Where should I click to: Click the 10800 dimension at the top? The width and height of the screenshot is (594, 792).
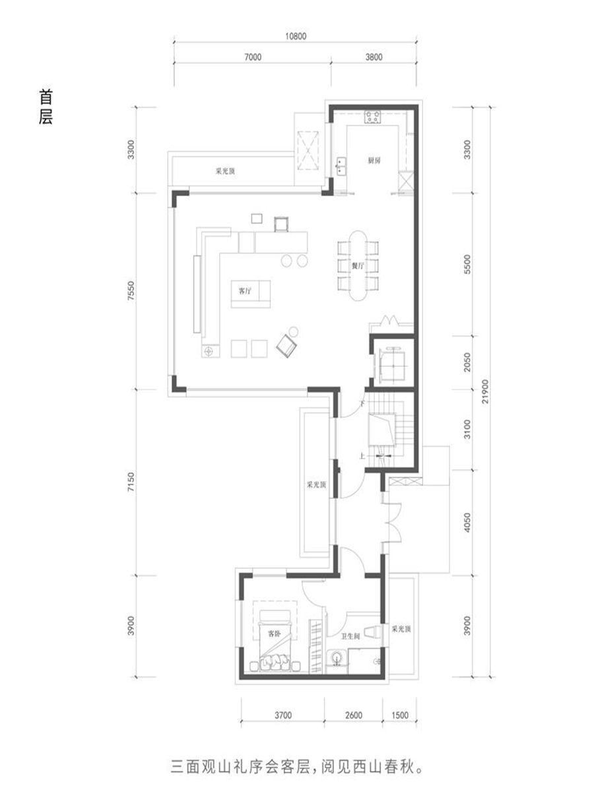pyautogui.click(x=296, y=36)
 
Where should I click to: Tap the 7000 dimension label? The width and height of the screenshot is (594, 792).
pyautogui.click(x=253, y=57)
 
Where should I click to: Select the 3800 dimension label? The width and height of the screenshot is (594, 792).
pyautogui.click(x=374, y=57)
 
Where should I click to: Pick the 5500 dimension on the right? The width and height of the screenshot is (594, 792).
pyautogui.click(x=467, y=264)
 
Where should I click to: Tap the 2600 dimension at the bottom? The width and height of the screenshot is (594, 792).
pyautogui.click(x=353, y=715)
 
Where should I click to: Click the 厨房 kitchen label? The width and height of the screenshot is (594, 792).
pyautogui.click(x=374, y=160)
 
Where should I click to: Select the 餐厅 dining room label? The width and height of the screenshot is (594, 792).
pyautogui.click(x=358, y=266)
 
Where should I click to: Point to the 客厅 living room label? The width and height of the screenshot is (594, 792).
pyautogui.click(x=246, y=291)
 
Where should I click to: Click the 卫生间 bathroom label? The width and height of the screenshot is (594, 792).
pyautogui.click(x=350, y=636)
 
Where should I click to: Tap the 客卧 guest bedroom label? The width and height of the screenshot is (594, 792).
pyautogui.click(x=275, y=634)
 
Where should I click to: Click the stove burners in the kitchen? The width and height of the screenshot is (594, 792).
pyautogui.click(x=372, y=117)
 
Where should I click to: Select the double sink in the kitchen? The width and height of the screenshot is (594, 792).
pyautogui.click(x=341, y=166)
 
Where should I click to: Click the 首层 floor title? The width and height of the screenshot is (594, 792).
pyautogui.click(x=46, y=107)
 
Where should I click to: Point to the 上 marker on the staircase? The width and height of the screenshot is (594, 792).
pyautogui.click(x=362, y=456)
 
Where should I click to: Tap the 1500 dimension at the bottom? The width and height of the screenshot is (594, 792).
pyautogui.click(x=399, y=715)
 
